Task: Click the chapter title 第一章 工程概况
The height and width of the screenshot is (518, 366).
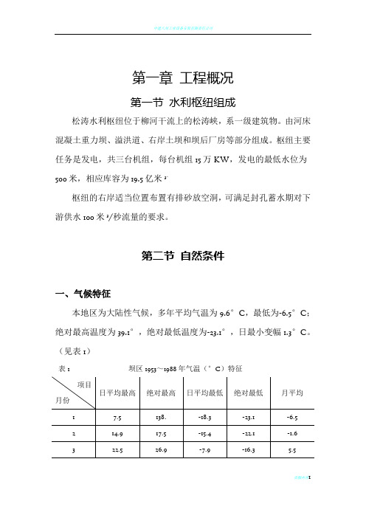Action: click(x=182, y=77)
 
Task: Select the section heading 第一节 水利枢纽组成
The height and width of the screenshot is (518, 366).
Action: click(x=182, y=101)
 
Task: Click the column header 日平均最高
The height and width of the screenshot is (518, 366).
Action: click(x=117, y=391)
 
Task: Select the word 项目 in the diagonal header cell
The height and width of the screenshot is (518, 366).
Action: click(x=83, y=384)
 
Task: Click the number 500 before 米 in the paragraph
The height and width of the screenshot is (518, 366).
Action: click(x=63, y=178)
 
